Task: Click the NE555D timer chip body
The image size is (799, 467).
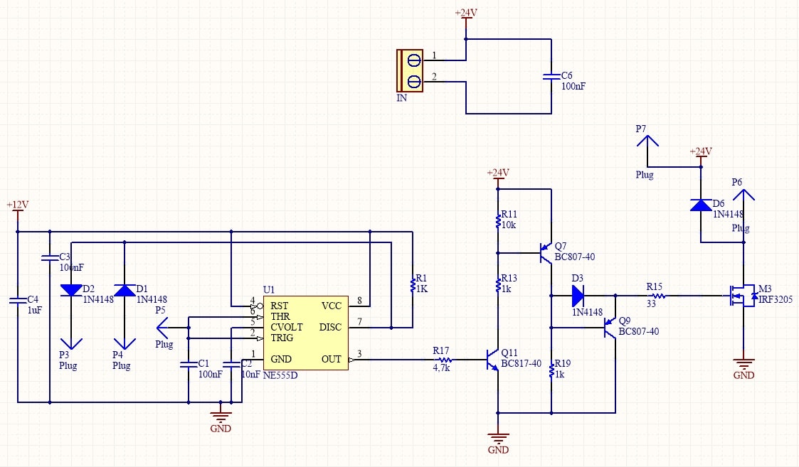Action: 306,333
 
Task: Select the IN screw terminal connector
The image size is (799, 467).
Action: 411,70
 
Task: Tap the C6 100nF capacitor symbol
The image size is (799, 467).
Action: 551,76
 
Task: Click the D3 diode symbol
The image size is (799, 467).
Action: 577,296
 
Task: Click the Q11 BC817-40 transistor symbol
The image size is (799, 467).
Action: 493,360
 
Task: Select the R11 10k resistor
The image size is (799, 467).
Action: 498,221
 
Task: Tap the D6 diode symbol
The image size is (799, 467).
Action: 701,205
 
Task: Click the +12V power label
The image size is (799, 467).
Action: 17,205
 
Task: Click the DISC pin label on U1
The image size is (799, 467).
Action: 330,327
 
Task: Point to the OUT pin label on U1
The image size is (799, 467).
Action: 332,359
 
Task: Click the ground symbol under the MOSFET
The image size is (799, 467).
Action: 744,365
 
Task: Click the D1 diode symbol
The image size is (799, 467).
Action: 125,290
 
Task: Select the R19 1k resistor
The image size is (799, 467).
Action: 551,370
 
